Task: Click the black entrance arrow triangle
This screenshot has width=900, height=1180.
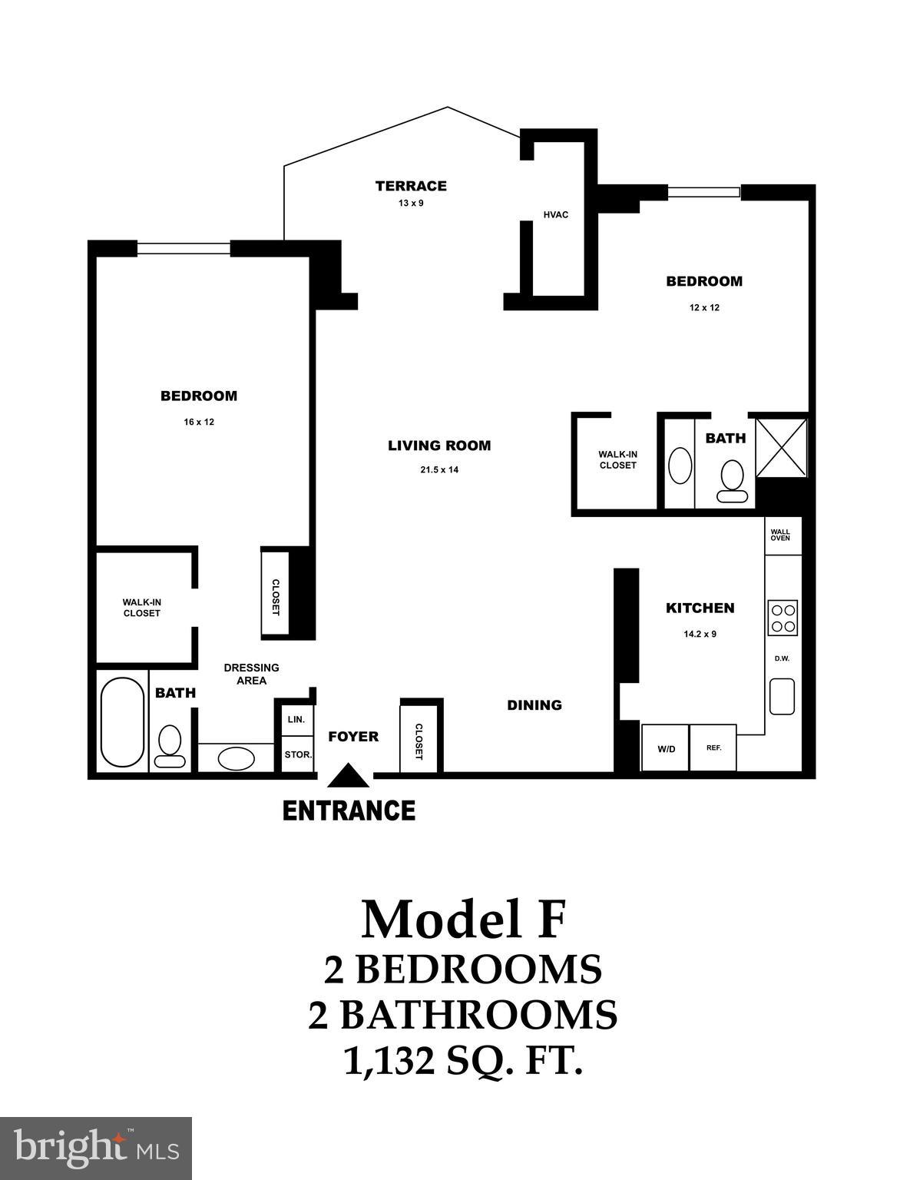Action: coord(349,776)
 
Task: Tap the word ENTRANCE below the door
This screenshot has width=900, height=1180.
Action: coord(349,810)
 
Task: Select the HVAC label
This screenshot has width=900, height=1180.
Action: coord(556,214)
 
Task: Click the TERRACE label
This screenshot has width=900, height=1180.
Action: coord(411,186)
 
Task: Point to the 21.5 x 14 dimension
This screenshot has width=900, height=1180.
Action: coord(439,469)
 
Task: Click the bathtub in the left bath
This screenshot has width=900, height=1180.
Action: coord(122,721)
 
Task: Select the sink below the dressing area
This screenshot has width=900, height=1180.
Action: coord(237,759)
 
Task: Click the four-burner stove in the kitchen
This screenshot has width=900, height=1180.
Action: coord(783,618)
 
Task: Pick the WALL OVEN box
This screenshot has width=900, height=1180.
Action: coord(781,535)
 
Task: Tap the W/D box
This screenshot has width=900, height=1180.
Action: coord(666,748)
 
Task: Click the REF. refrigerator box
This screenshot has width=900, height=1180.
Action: coord(713,747)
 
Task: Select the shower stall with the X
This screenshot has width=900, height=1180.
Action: coord(782,447)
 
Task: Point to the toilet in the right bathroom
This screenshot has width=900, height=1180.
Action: coord(733,481)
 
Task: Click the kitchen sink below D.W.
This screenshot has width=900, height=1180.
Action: coord(783,696)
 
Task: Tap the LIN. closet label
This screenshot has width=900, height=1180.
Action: coord(296,720)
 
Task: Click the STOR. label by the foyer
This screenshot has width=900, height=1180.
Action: coord(298,754)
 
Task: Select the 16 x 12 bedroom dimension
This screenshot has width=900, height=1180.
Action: coord(198,422)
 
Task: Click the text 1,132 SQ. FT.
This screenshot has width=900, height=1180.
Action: coord(462,1061)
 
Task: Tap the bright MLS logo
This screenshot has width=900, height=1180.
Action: coord(96,1149)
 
